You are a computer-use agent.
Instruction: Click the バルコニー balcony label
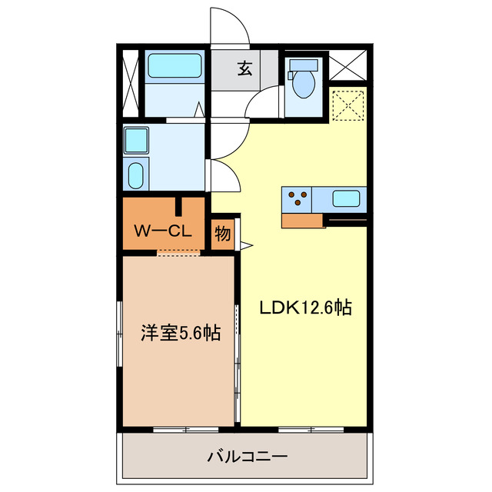[247, 457]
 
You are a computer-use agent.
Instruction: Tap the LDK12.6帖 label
[305, 308]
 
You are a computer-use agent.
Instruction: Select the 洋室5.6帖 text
[180, 334]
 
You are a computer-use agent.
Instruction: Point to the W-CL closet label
[163, 231]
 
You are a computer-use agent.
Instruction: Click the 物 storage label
[222, 234]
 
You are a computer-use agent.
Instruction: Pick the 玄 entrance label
[244, 68]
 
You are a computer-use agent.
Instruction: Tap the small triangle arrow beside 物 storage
[246, 246]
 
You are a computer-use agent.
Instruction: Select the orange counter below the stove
[302, 221]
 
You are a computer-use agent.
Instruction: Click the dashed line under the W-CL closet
[178, 251]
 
